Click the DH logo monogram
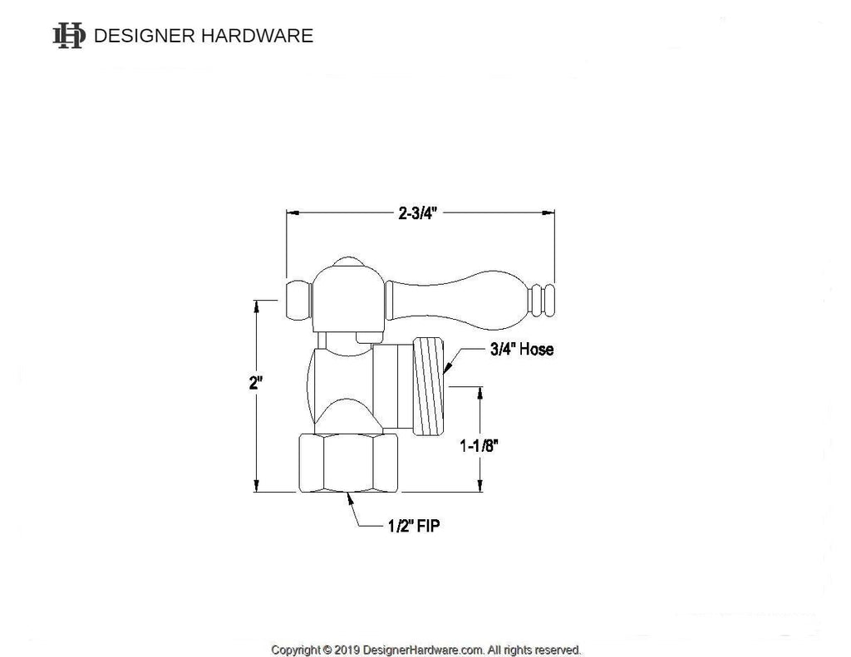pyautogui.click(x=69, y=36)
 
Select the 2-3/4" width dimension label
pyautogui.click(x=417, y=213)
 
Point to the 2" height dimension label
pyautogui.click(x=256, y=384)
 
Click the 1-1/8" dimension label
pyautogui.click(x=480, y=445)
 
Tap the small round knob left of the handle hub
pyautogui.click(x=298, y=300)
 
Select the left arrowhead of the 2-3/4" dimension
pyautogui.click(x=293, y=213)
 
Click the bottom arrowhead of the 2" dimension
pyautogui.click(x=257, y=487)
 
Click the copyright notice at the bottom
pyautogui.click(x=425, y=650)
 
